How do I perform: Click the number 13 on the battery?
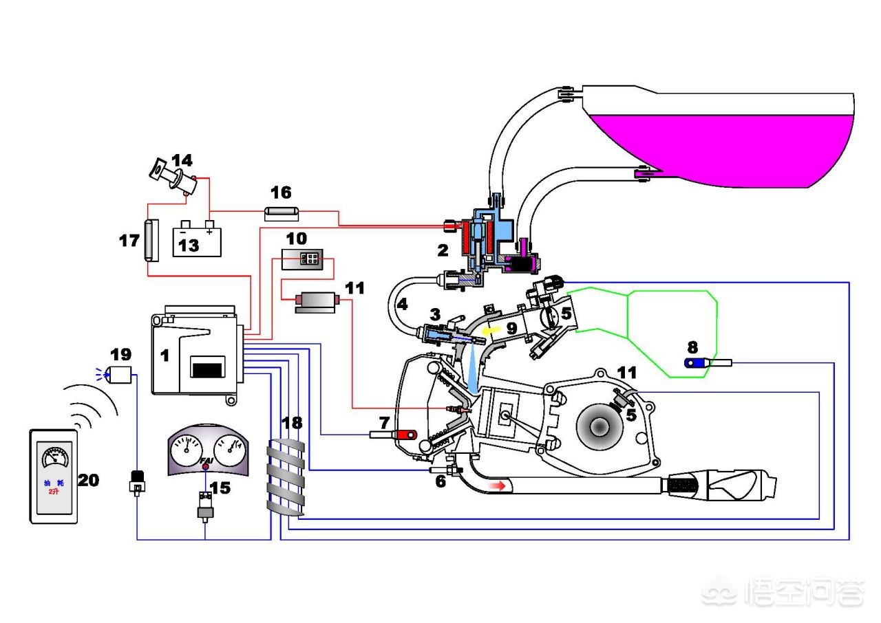click(x=189, y=245)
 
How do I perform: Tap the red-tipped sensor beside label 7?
click(x=405, y=434)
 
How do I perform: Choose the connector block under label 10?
click(x=308, y=259)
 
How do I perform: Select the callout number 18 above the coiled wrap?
click(x=291, y=423)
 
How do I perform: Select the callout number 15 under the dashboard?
click(x=220, y=489)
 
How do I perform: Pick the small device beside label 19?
click(x=121, y=375)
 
